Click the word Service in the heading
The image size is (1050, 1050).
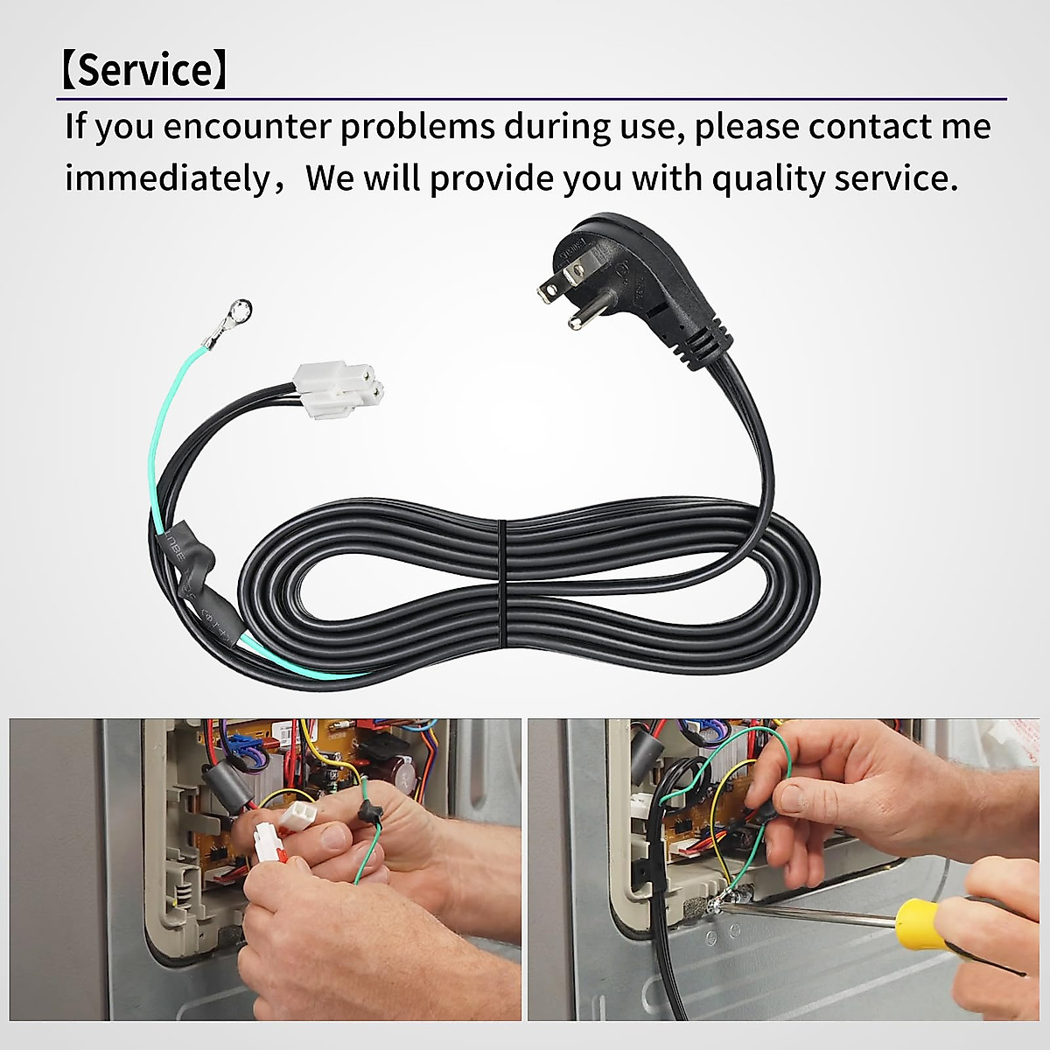tap(144, 70)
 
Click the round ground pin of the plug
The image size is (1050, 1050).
tap(576, 320)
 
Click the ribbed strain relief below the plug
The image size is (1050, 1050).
tap(709, 346)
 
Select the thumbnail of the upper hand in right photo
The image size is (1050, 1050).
tap(793, 797)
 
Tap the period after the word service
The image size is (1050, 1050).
tap(954, 188)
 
